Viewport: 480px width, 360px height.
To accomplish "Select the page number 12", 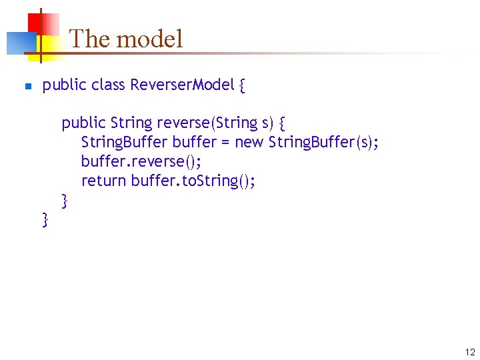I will pos(470,353).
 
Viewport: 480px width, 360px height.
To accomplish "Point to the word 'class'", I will pos(108,85).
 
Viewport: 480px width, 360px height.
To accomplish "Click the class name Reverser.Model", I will pos(182,85).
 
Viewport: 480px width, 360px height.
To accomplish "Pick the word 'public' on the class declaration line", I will pos(64,85).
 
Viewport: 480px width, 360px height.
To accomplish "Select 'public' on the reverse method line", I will pos(83,123).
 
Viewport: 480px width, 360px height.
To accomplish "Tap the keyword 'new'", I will pos(249,142).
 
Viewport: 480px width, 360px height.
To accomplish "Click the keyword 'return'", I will pos(103,181).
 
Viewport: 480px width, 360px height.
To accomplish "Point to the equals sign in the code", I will pos(225,143).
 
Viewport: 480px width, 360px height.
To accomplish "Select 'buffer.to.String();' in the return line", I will pos(193,181).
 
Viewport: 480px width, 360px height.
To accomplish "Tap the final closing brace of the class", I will pos(45,219).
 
